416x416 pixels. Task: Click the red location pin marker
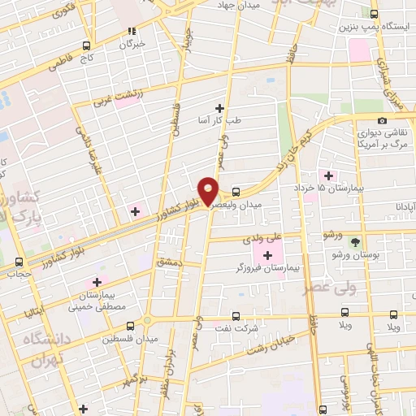209,190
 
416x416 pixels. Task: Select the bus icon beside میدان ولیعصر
236,193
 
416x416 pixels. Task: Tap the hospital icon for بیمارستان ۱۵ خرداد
329,175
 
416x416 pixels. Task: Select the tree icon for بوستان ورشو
354,241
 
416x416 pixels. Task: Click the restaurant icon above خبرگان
131,32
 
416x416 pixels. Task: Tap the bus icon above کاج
86,46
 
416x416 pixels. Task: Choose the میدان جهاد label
236,4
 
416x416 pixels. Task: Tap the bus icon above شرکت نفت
236,316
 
